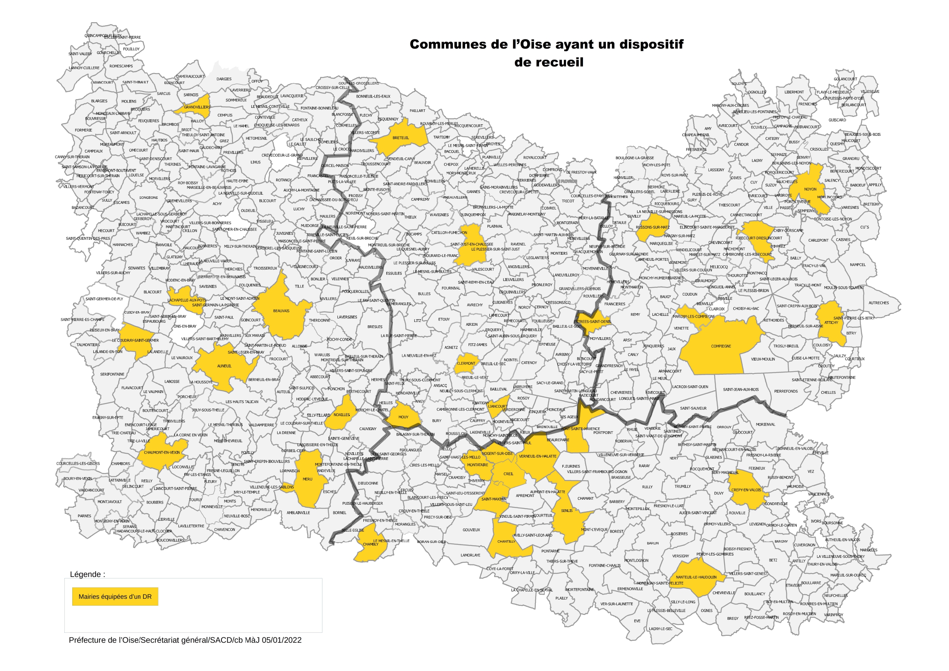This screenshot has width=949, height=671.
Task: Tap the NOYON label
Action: click(x=810, y=189)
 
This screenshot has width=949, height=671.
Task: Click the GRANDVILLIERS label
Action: click(x=197, y=107)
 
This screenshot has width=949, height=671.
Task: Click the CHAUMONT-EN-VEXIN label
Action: click(x=162, y=452)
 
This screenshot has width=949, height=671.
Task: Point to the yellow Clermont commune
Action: click(x=466, y=364)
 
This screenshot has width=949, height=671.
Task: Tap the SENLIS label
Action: click(x=566, y=511)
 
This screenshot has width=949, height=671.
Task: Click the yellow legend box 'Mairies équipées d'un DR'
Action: click(x=115, y=596)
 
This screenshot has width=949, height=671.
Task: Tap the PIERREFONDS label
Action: click(x=786, y=391)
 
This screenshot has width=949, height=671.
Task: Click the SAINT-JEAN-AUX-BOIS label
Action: click(x=741, y=389)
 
